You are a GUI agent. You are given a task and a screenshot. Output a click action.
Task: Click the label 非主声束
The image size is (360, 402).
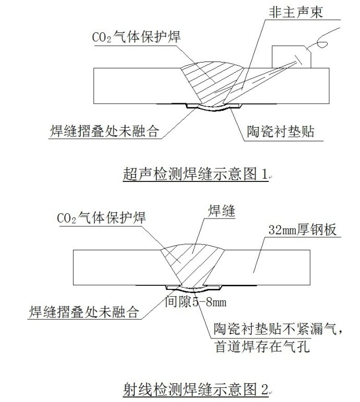[296, 12]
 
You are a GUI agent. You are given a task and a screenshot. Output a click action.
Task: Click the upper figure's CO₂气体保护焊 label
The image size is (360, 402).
[137, 36]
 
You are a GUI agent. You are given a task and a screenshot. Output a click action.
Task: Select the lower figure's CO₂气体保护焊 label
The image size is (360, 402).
[101, 217]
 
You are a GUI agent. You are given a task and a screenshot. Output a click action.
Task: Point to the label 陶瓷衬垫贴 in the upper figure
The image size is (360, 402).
[281, 132]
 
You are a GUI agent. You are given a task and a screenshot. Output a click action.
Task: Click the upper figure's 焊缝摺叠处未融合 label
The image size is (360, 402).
[104, 131]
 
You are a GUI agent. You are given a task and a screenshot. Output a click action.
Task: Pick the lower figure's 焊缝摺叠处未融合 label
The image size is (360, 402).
[83, 312]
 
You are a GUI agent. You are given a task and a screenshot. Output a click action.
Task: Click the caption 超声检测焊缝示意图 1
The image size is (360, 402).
[195, 174]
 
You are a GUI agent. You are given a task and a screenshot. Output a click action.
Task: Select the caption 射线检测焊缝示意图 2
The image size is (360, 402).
[196, 389]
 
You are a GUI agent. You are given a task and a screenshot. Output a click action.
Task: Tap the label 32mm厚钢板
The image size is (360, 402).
[302, 230]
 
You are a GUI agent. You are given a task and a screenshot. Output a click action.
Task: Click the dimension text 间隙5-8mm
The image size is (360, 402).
[196, 302]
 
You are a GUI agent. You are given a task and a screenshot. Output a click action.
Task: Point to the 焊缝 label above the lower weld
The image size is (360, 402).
[221, 211]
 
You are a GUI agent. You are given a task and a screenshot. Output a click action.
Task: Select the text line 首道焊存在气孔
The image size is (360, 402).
[262, 347]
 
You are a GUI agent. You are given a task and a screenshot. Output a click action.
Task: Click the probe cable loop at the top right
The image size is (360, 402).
[323, 42]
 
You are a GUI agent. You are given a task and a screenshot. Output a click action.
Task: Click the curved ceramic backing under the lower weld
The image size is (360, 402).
[194, 290]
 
